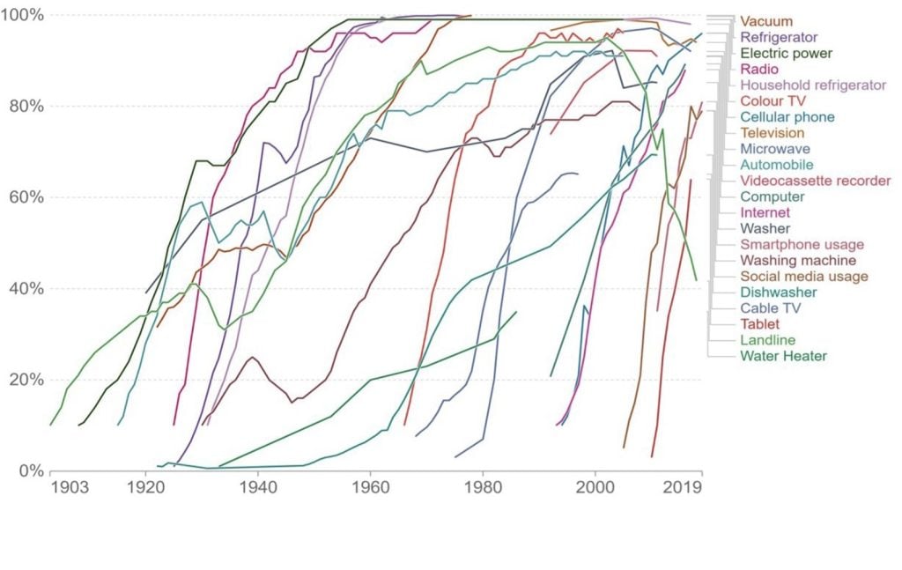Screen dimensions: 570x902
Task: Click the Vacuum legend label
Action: tap(765, 21)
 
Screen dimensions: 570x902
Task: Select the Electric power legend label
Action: tap(787, 54)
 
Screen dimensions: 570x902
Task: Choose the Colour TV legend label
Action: tap(773, 101)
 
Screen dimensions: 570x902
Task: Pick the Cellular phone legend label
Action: tap(787, 117)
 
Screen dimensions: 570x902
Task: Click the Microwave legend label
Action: tap(775, 149)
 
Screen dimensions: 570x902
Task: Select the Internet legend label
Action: tap(765, 212)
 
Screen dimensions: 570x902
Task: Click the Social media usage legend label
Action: tap(803, 276)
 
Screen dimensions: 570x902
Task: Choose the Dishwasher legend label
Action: tap(778, 292)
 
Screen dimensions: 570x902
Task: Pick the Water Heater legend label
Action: tap(783, 356)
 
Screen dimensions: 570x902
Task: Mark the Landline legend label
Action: tap(768, 340)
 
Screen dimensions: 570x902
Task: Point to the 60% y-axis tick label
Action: tap(27, 197)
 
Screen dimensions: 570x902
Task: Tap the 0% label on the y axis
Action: tap(32, 470)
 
